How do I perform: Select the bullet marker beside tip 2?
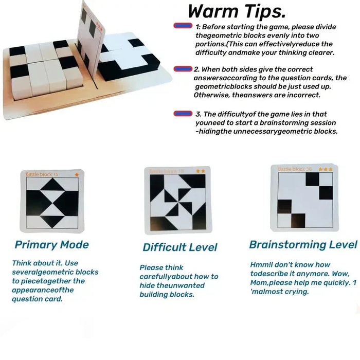click(x=183, y=69)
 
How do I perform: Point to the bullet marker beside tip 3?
click(x=183, y=114)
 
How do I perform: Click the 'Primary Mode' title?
click(x=51, y=245)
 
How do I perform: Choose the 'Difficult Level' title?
click(x=180, y=247)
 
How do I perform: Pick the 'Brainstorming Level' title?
click(x=303, y=245)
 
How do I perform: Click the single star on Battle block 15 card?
click(x=77, y=174)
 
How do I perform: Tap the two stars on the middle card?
click(x=200, y=171)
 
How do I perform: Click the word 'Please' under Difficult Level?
click(x=151, y=267)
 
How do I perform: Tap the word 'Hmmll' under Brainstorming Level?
click(x=262, y=264)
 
